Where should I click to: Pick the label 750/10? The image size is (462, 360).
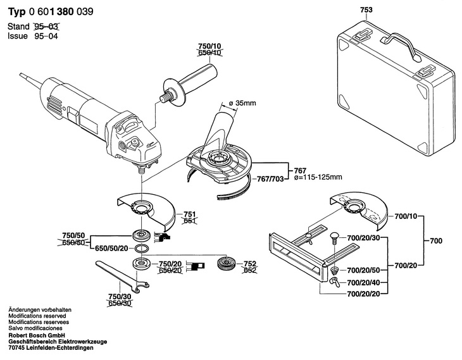[210, 46]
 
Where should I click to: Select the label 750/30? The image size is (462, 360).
[120, 296]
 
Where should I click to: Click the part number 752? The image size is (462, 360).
[250, 263]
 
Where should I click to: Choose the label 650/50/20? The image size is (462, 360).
[112, 248]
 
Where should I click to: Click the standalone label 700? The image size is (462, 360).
[435, 241]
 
